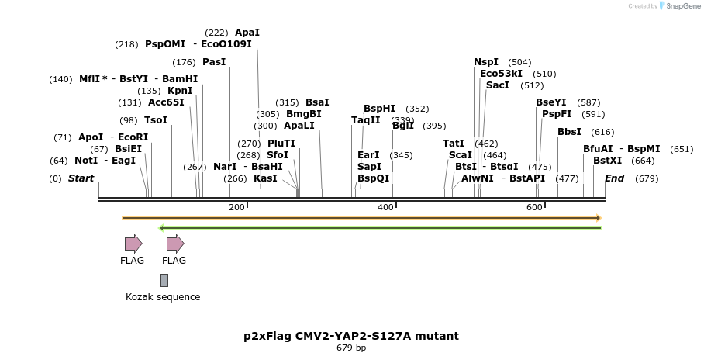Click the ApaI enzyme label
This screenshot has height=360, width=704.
[247, 33]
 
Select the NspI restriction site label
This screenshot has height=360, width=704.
[487, 62]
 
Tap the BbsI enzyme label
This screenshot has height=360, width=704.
[569, 132]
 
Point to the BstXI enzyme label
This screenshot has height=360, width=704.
[607, 160]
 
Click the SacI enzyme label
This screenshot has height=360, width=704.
[498, 85]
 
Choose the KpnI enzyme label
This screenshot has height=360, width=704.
[180, 91]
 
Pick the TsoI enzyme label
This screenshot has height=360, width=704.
[156, 120]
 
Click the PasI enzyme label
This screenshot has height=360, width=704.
[214, 62]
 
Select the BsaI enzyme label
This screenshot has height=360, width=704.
[317, 102]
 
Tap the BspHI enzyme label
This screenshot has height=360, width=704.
[379, 109]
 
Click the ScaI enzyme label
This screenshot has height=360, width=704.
[460, 155]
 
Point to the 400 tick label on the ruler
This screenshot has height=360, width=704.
[385, 207]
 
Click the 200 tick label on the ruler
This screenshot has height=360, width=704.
[236, 207]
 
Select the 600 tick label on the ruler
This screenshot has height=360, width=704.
[534, 207]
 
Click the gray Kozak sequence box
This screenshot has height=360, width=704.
[164, 280]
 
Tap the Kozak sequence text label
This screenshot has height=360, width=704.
[163, 297]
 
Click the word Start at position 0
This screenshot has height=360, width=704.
[81, 178]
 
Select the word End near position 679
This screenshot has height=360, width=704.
[614, 178]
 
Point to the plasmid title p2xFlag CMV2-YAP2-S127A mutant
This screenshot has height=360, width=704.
[351, 336]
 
